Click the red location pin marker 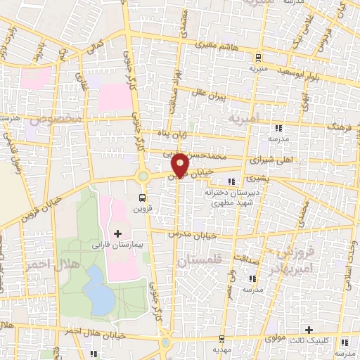click(x=180, y=164)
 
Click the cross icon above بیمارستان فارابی click(x=117, y=233)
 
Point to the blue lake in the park click(x=101, y=290)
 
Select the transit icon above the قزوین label click(x=143, y=198)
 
